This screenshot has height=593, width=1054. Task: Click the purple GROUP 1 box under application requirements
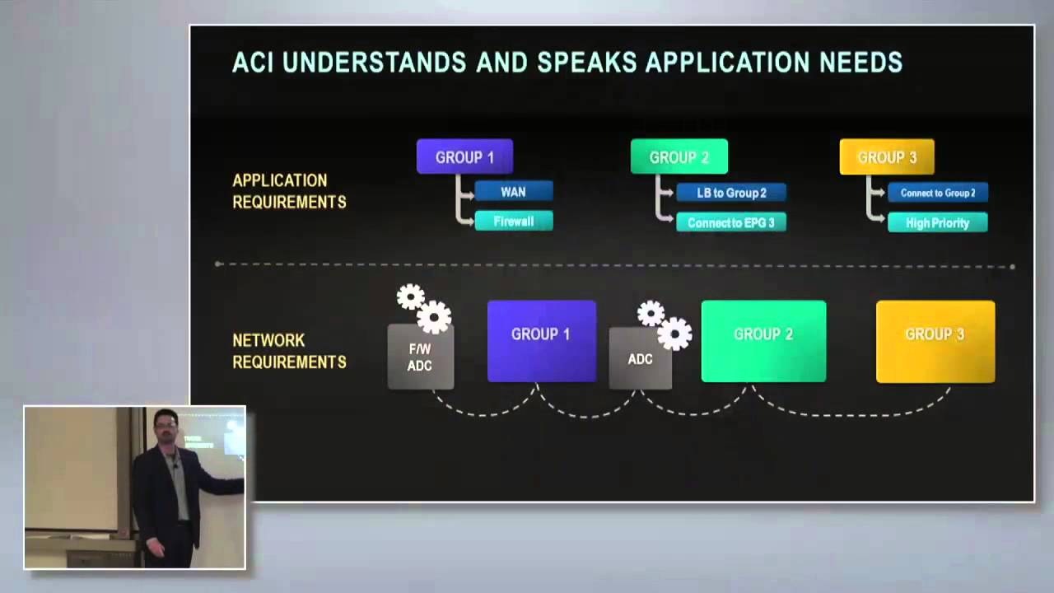[x=464, y=156]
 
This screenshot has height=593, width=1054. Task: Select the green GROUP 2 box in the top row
[x=679, y=156]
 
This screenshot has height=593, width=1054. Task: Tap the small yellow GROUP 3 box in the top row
[x=886, y=156]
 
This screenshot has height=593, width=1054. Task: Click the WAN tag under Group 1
[x=513, y=192]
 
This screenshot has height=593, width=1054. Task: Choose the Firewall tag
[x=513, y=221]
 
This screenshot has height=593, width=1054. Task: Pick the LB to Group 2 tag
[x=731, y=193]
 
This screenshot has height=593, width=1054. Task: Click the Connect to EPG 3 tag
[x=730, y=222]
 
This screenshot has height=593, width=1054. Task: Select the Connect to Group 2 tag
[x=937, y=193]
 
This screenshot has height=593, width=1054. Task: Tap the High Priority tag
[x=937, y=222]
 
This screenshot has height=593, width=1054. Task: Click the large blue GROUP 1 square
[x=541, y=341]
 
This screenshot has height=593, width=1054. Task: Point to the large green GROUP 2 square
[x=763, y=341]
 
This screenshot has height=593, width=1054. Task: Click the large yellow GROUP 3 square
[x=935, y=341]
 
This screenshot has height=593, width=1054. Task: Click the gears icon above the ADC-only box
[x=664, y=324]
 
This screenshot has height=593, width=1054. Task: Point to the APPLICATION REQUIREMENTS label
[x=289, y=191]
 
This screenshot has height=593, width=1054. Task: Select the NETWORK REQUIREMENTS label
[x=289, y=351]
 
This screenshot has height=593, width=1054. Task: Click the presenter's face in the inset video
[x=166, y=431]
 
